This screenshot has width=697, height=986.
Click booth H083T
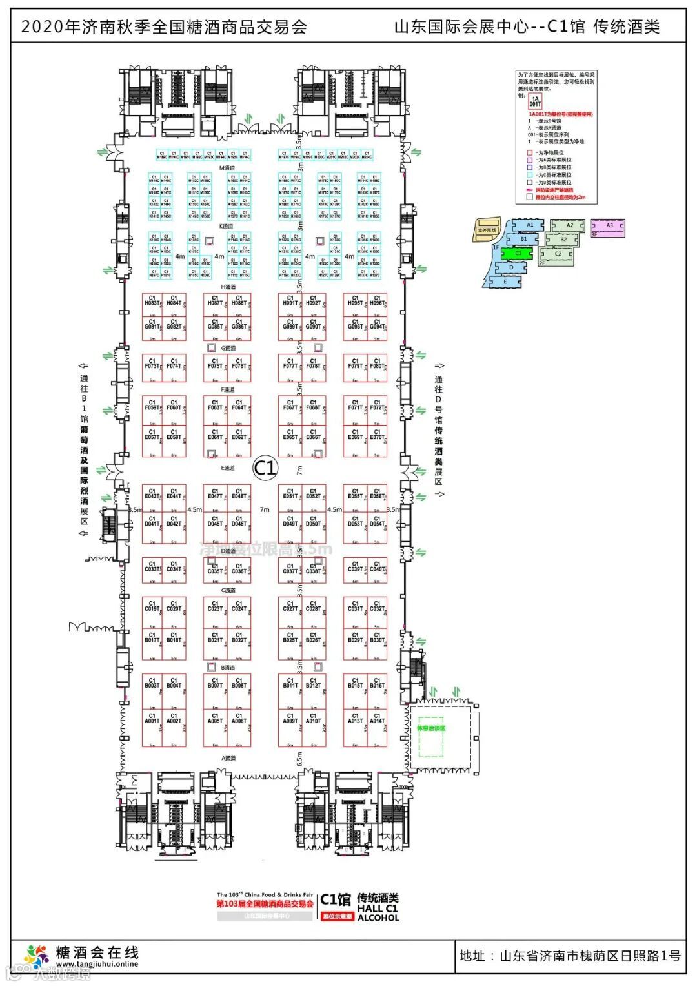pos(152,304)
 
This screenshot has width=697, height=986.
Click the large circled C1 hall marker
pos(265,467)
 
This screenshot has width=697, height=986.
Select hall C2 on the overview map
pos(558,254)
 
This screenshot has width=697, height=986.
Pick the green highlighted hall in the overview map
pos(518,253)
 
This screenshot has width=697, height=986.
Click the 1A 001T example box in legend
pos(535,101)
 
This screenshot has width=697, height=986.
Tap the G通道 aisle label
pos(228,348)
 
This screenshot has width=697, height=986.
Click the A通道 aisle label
pos(228,758)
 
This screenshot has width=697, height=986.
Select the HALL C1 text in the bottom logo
pos(378,908)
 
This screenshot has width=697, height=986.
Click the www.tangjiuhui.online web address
pos(97,964)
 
